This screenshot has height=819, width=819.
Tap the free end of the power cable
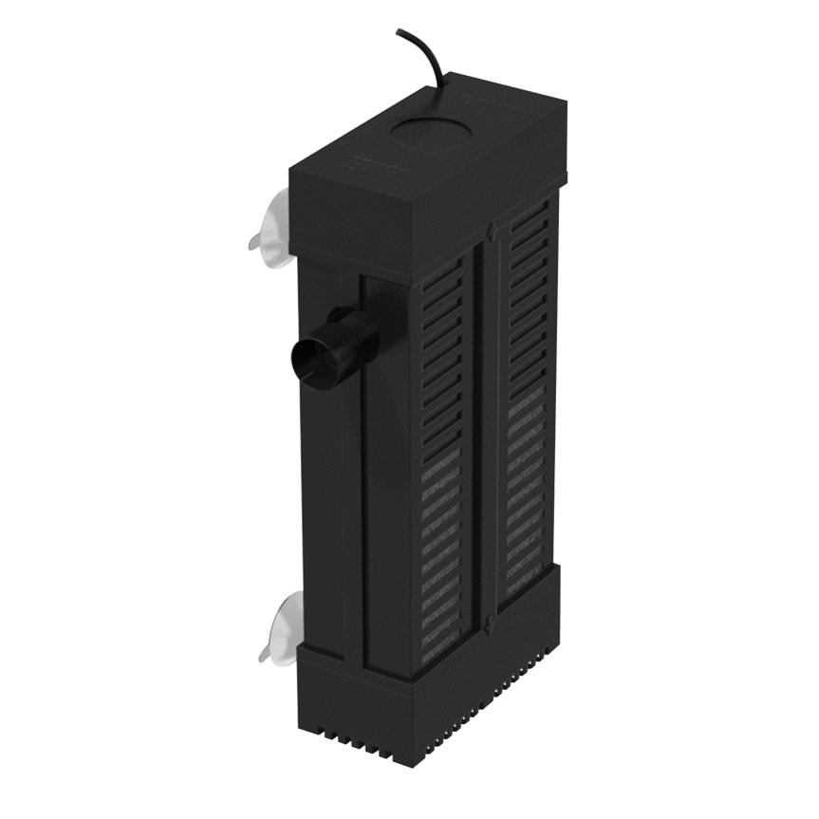click(x=400, y=32)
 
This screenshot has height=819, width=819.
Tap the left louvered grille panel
click(x=441, y=456)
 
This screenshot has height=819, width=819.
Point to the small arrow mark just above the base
click(x=488, y=624)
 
